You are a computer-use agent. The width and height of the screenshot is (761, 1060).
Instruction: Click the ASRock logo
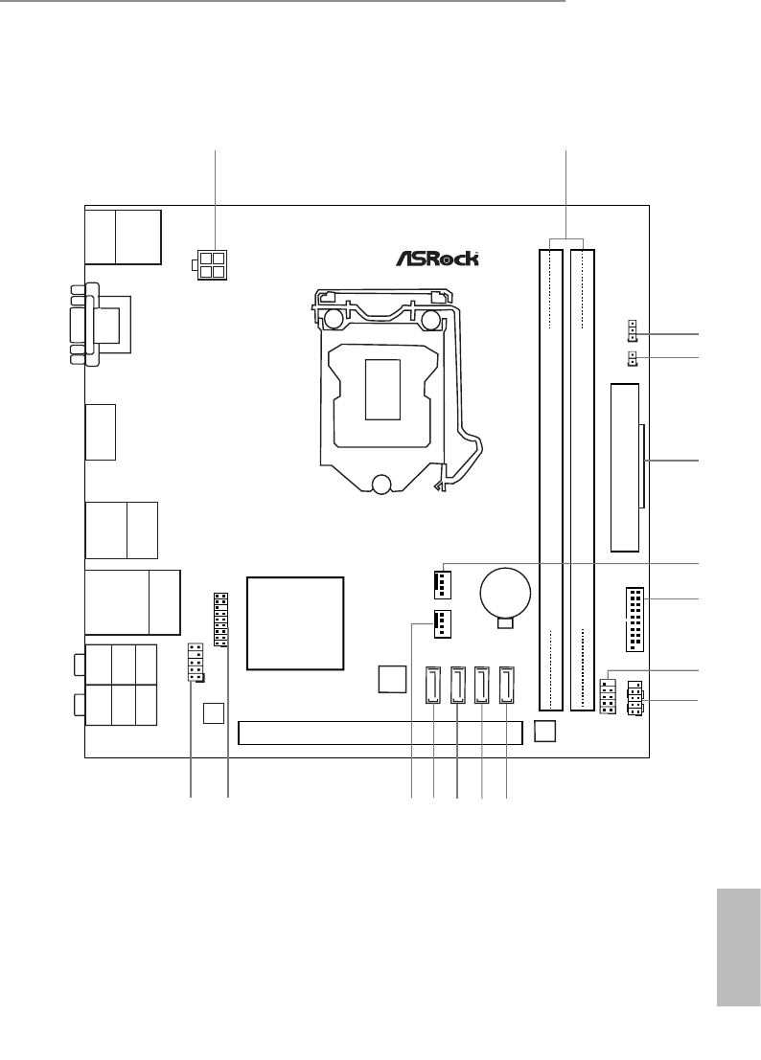pyautogui.click(x=437, y=258)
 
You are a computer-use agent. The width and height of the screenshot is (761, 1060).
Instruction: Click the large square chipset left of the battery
pyautogui.click(x=294, y=622)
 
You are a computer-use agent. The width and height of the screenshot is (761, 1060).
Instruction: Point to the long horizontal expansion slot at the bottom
pyautogui.click(x=381, y=733)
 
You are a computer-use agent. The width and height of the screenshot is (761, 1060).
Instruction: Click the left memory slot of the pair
pyautogui.click(x=551, y=479)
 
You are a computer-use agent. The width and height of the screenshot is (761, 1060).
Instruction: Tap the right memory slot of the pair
pyautogui.click(x=583, y=479)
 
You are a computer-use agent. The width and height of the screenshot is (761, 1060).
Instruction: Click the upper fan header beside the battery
pyautogui.click(x=438, y=580)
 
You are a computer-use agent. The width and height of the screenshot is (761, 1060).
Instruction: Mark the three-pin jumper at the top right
pyautogui.click(x=634, y=330)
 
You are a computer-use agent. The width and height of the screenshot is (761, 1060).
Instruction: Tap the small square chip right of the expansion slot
pyautogui.click(x=544, y=730)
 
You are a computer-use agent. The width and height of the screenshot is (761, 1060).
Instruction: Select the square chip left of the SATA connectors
pyautogui.click(x=390, y=678)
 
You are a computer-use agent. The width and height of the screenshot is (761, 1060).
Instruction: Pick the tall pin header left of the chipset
pyautogui.click(x=220, y=620)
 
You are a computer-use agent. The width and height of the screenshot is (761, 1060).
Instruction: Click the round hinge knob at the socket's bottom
pyautogui.click(x=382, y=485)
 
